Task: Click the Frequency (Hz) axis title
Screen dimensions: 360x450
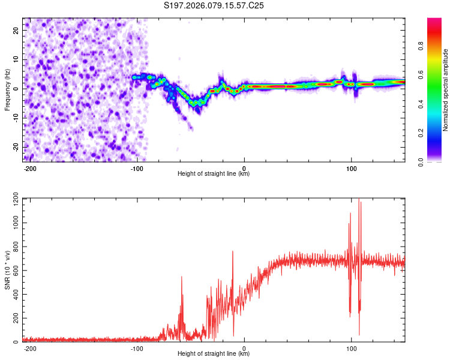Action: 7,90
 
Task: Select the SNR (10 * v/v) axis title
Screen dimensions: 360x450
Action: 7,270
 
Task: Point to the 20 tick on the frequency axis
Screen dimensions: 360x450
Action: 16,29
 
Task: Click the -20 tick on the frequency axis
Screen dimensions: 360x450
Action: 15,147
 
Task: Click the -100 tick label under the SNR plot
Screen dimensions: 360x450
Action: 137,349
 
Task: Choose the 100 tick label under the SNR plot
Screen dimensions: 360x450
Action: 351,349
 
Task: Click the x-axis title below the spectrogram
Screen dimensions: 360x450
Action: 214,174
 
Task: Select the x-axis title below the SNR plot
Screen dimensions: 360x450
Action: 214,354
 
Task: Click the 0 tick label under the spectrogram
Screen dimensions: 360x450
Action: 244,169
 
